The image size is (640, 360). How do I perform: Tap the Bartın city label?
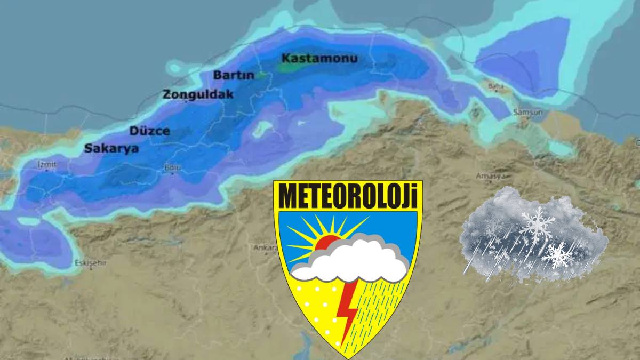click(x=234, y=75)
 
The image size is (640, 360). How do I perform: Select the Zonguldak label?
click(x=198, y=95)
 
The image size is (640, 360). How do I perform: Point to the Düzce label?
click(x=149, y=131)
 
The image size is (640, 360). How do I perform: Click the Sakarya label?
click(x=111, y=149)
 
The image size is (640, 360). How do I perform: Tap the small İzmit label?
click(x=47, y=164)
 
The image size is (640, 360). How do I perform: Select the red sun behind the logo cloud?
click(x=326, y=243)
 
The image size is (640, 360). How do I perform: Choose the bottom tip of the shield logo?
click(x=347, y=356)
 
